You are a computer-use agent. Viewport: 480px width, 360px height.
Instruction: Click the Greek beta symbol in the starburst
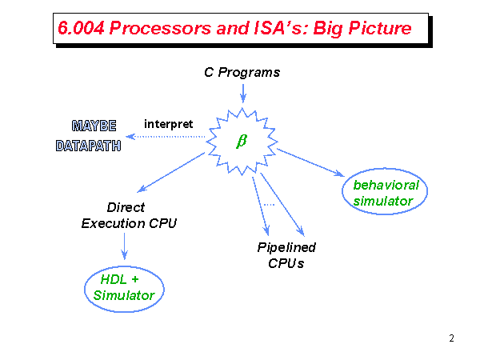241,142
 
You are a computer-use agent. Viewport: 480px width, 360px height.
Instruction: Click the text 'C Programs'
242,72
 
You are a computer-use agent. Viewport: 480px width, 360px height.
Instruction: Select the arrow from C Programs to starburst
242,91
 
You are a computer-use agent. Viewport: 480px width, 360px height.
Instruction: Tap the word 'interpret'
168,124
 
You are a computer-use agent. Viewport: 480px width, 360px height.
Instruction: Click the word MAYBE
94,126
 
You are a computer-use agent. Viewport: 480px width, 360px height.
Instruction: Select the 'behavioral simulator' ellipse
386,193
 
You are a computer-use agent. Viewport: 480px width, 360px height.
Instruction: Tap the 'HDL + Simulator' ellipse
123,287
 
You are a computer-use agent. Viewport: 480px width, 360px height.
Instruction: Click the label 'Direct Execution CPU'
128,215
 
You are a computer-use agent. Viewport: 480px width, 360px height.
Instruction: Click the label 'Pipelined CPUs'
286,255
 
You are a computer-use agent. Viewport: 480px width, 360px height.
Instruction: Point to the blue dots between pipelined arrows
269,205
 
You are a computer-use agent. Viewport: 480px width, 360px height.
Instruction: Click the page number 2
451,338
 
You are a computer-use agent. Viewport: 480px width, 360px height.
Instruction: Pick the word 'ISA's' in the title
272,29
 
